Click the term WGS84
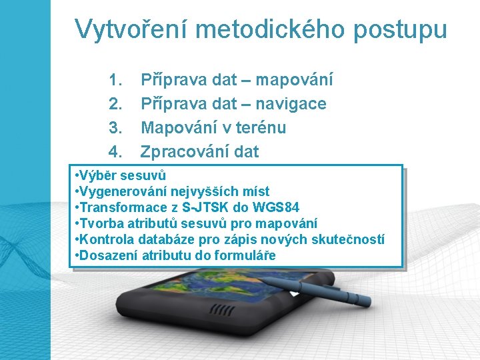(x=282, y=208)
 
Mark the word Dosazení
(x=105, y=256)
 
